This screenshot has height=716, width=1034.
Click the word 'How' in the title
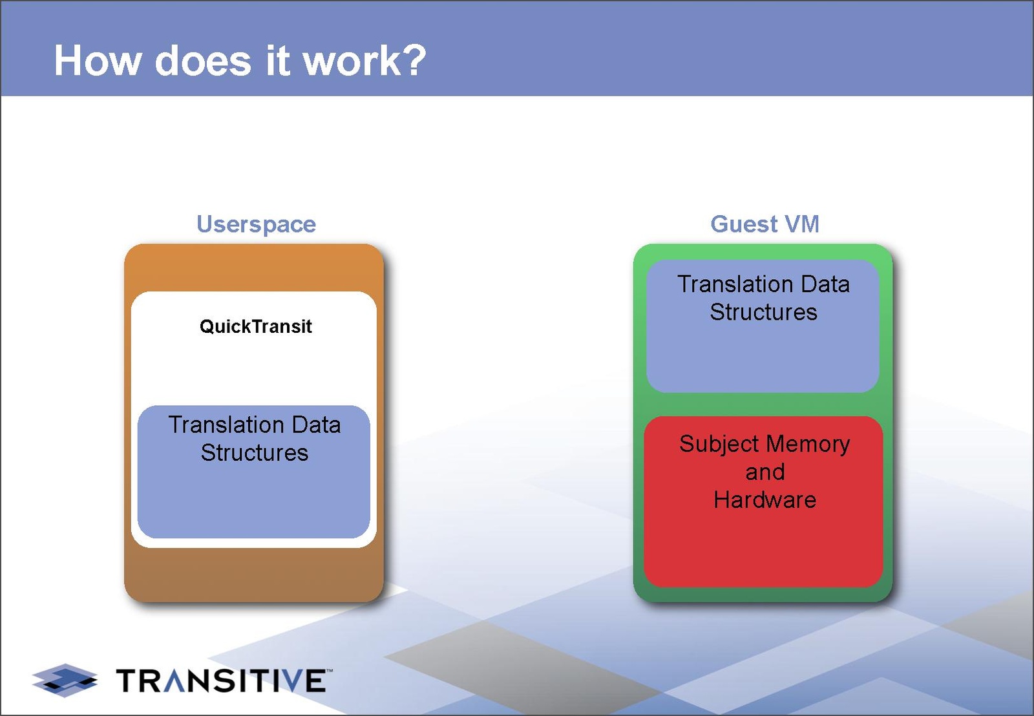tap(98, 61)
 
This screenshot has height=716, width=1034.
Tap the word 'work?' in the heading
tap(364, 61)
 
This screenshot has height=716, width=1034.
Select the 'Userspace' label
tap(256, 224)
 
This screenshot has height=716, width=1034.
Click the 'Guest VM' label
tap(765, 224)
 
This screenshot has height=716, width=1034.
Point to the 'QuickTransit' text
tap(255, 326)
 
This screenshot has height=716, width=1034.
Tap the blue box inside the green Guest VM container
tap(763, 355)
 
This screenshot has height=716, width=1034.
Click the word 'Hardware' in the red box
tap(765, 500)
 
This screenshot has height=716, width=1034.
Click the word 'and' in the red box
tap(765, 472)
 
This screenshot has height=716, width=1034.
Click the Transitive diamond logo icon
tap(65, 680)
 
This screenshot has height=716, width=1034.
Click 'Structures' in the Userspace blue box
tap(254, 452)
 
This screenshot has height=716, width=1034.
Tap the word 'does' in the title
tap(203, 61)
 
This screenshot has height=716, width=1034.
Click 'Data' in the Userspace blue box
tap(316, 425)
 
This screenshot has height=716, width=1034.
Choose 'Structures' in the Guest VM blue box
tap(763, 312)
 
